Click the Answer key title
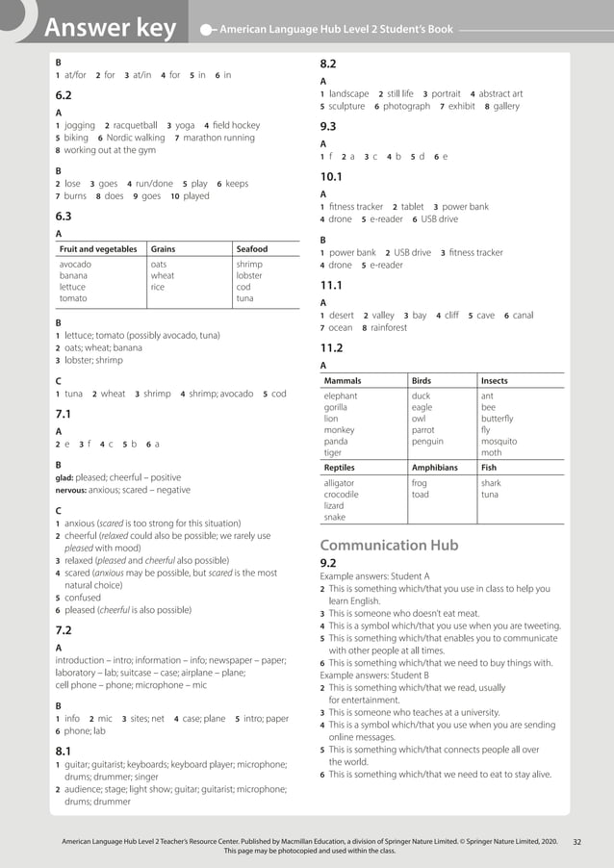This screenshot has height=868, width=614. click(110, 29)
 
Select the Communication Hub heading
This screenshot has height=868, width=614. click(389, 545)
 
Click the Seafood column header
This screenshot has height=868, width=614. click(252, 249)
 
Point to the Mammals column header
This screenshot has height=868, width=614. click(346, 380)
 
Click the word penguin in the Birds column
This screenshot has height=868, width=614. click(427, 441)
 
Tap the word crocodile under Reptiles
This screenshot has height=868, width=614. click(342, 495)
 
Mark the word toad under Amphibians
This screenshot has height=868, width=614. click(421, 495)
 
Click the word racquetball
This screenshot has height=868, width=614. click(135, 125)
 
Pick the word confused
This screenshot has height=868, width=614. click(83, 597)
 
